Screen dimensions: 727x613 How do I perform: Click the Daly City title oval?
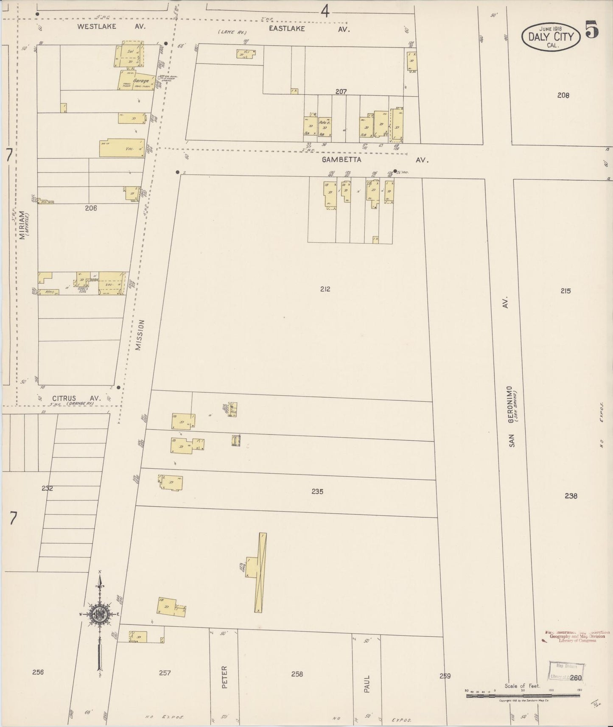tap(550, 36)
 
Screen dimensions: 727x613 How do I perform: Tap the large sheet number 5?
tap(592, 30)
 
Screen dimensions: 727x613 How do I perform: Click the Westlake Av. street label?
tap(111, 26)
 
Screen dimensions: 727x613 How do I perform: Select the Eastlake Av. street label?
tap(309, 29)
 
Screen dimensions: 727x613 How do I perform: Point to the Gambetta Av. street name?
tap(375, 160)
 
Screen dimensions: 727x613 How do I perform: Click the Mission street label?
tap(140, 335)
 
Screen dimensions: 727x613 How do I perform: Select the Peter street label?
tap(224, 677)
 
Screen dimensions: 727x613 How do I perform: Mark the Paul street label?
tap(367, 684)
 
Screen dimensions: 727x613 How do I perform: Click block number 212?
tap(325, 289)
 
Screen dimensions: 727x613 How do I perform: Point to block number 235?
tap(317, 491)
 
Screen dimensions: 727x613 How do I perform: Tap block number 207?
tap(341, 91)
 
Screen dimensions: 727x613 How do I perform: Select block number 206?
tap(91, 208)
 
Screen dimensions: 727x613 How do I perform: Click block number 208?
tap(563, 95)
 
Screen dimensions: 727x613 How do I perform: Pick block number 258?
tap(297, 674)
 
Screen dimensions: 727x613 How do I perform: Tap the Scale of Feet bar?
tap(523, 692)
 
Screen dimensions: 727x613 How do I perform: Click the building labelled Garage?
tap(136, 81)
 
